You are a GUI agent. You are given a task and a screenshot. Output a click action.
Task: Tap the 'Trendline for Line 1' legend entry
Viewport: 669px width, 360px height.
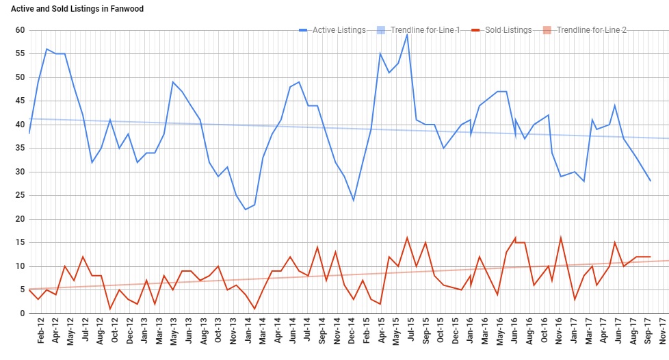425,30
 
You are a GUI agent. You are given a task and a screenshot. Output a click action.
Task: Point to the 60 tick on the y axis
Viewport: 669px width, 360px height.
20,30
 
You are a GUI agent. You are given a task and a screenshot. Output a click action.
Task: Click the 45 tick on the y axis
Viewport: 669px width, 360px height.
20,101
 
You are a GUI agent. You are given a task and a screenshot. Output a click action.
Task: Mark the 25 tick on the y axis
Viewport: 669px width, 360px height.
20,196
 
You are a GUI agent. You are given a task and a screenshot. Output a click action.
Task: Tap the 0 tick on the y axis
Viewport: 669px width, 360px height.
22,313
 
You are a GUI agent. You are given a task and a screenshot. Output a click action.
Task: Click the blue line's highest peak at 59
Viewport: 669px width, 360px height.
407,35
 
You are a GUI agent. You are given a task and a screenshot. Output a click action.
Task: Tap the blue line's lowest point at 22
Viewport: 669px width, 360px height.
246,209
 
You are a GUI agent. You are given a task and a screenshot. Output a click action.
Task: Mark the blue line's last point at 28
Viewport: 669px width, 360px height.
650,181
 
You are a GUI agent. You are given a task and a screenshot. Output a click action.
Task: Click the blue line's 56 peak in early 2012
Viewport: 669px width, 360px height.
47,49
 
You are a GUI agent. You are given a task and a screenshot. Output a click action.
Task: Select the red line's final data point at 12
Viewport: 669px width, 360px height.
650,257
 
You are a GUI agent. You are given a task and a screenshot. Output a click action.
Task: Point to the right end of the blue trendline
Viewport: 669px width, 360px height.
668,138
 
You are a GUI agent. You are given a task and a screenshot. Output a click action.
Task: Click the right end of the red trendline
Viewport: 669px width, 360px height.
668,261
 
